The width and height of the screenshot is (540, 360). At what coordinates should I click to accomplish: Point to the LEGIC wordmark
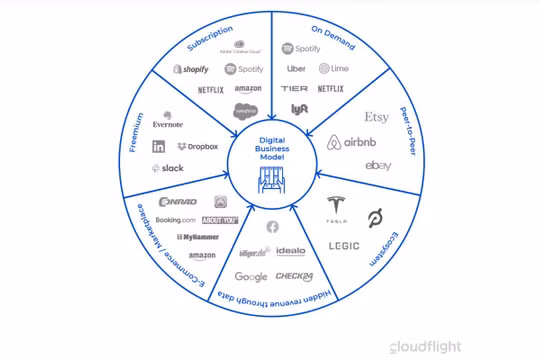pyautogui.click(x=345, y=244)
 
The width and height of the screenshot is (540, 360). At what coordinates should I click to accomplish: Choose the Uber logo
pyautogui.click(x=296, y=69)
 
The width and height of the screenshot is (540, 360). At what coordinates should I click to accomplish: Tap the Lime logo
pyautogui.click(x=332, y=69)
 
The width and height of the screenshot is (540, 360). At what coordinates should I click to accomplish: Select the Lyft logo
pyautogui.click(x=299, y=108)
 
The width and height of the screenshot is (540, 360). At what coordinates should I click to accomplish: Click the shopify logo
pyautogui.click(x=191, y=69)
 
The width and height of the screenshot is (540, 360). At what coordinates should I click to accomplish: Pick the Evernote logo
pyautogui.click(x=167, y=121)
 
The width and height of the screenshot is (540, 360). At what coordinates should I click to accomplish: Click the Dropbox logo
pyautogui.click(x=196, y=146)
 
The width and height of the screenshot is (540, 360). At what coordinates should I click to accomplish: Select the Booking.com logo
pyautogui.click(x=175, y=219)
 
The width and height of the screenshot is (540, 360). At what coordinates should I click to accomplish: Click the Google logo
pyautogui.click(x=251, y=277)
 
